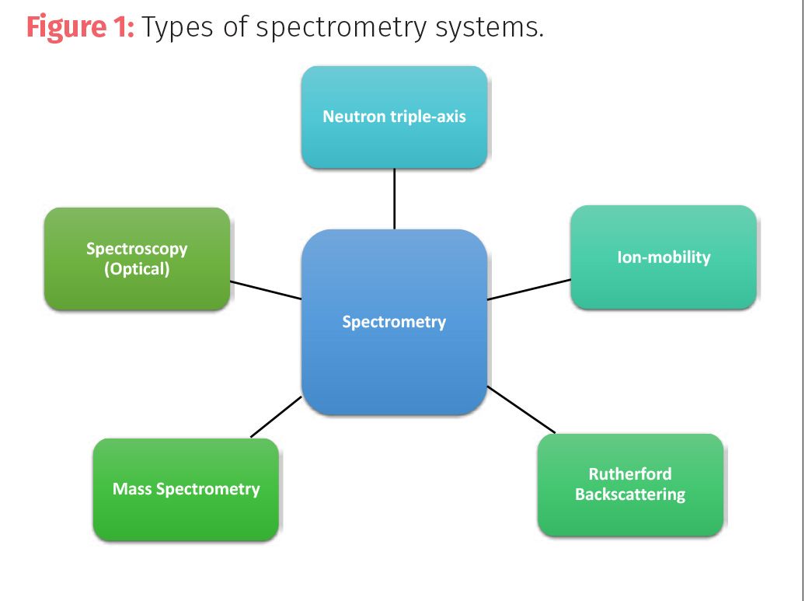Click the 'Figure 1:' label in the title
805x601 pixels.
[80, 26]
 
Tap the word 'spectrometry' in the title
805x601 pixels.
[341, 28]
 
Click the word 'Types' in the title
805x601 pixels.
[177, 28]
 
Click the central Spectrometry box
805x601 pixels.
[394, 322]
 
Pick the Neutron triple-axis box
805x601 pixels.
[394, 117]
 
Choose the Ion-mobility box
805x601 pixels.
[664, 257]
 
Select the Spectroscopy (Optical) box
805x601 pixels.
[137, 259]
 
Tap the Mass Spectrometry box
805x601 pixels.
[186, 490]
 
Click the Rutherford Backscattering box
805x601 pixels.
[630, 485]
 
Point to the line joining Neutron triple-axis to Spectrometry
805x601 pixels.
[394, 199]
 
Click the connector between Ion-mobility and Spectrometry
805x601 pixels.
[529, 289]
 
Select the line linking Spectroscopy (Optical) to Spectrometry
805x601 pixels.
[266, 290]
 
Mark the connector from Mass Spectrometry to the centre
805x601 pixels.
[276, 417]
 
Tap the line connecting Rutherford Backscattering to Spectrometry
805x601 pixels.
[521, 410]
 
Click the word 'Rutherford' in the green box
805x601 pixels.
[630, 473]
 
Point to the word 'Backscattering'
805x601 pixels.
[630, 494]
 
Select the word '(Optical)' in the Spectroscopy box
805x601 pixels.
[137, 269]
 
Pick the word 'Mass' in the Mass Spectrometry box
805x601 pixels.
[132, 488]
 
